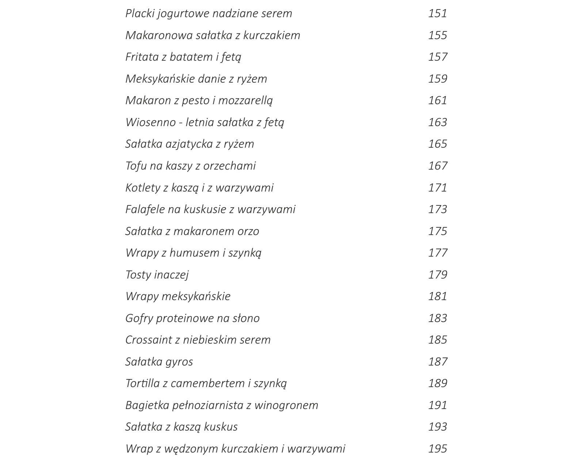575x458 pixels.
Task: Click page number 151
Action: [438, 14]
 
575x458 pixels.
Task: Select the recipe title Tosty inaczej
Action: [157, 275]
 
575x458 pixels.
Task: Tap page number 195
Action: [438, 448]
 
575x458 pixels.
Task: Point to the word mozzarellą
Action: [245, 101]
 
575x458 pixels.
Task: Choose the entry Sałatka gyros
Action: [159, 362]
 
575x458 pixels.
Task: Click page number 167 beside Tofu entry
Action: [438, 166]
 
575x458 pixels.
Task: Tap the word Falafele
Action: [145, 209]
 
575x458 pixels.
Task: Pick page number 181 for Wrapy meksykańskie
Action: [438, 296]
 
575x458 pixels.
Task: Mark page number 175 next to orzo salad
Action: [438, 231]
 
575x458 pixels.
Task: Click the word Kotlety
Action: [142, 188]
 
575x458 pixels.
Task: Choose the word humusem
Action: [194, 253]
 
